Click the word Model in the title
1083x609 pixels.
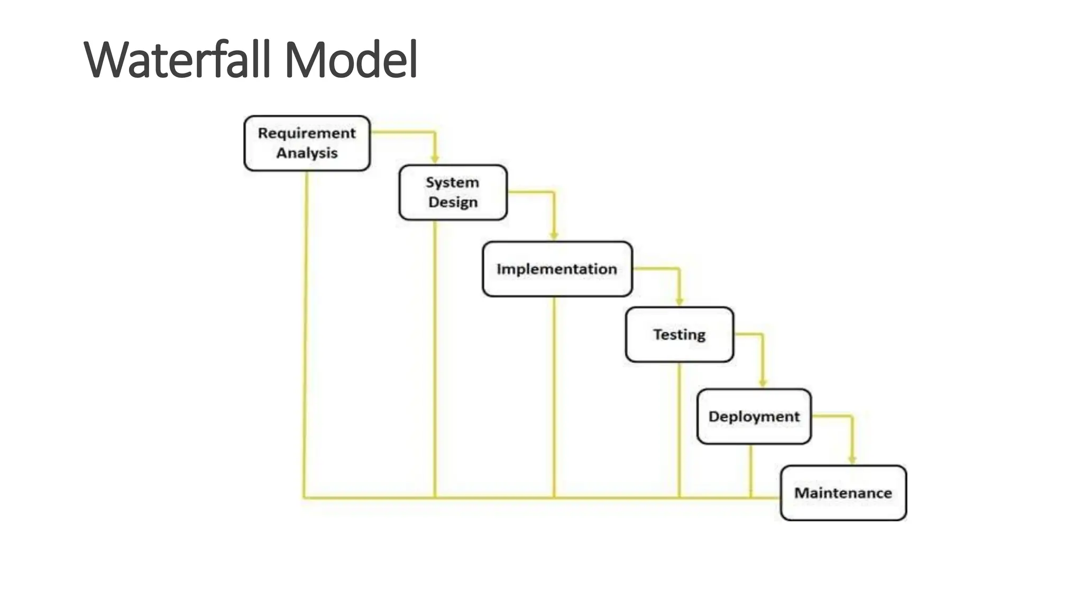(351, 59)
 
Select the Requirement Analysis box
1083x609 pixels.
(307, 143)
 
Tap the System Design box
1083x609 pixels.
(453, 192)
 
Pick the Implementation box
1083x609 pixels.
(557, 269)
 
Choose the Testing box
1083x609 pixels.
(680, 335)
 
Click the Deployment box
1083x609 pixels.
(754, 417)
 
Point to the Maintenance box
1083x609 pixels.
(843, 493)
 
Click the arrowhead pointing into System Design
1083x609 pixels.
(435, 159)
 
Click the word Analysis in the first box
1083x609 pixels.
(307, 153)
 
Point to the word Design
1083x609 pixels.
(453, 202)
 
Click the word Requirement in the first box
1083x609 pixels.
(307, 133)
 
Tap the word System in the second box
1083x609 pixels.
(453, 182)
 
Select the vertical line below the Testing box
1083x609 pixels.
(680, 428)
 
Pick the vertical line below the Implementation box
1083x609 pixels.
(554, 396)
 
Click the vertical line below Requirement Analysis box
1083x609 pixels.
(306, 333)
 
